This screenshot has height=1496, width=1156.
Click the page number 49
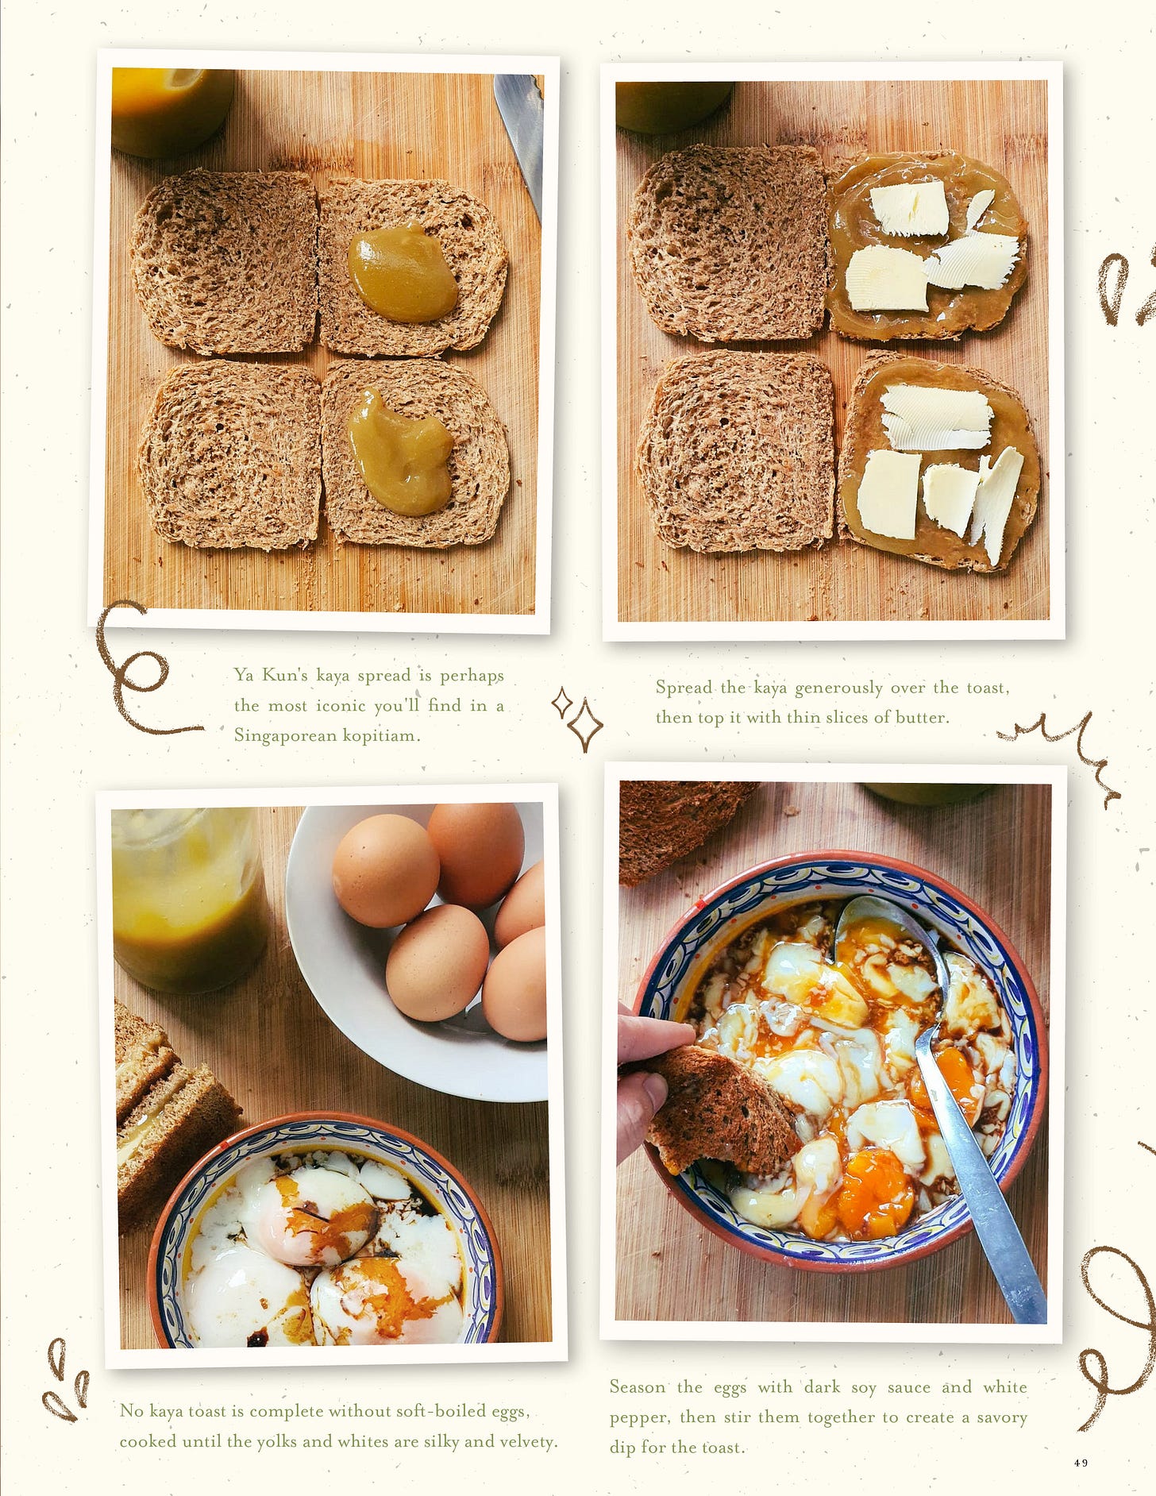[1081, 1463]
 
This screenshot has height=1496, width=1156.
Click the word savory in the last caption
[1001, 1417]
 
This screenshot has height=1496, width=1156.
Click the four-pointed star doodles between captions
[578, 719]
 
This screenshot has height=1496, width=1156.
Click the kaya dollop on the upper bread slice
[403, 272]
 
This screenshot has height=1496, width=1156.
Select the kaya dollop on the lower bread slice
[401, 451]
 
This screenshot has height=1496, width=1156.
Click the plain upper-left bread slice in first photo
[225, 261]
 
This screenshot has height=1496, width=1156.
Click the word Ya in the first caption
[244, 676]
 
